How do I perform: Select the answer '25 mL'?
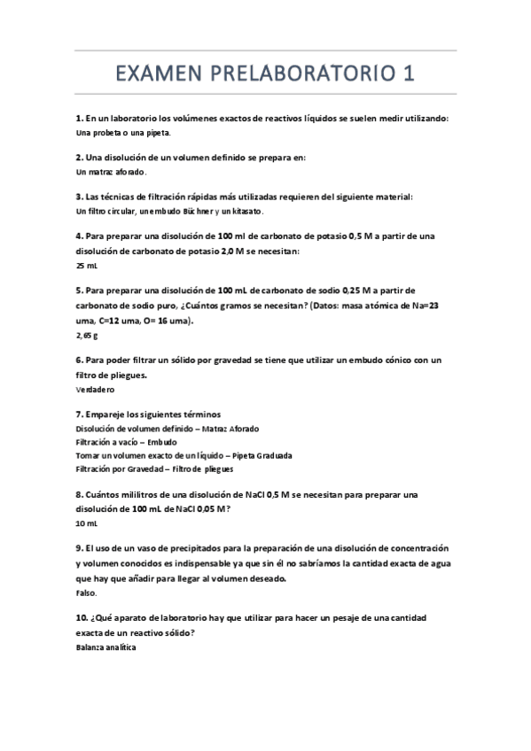(x=87, y=265)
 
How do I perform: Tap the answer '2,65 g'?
(x=87, y=336)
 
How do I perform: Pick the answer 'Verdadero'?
(x=96, y=389)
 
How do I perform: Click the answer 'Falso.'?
(x=87, y=592)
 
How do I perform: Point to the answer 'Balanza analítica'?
(x=106, y=647)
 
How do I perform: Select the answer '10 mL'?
(x=87, y=523)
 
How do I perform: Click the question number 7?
(x=80, y=414)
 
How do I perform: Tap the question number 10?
(x=82, y=617)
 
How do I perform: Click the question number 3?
(x=80, y=197)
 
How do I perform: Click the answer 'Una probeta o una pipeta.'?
(x=123, y=132)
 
